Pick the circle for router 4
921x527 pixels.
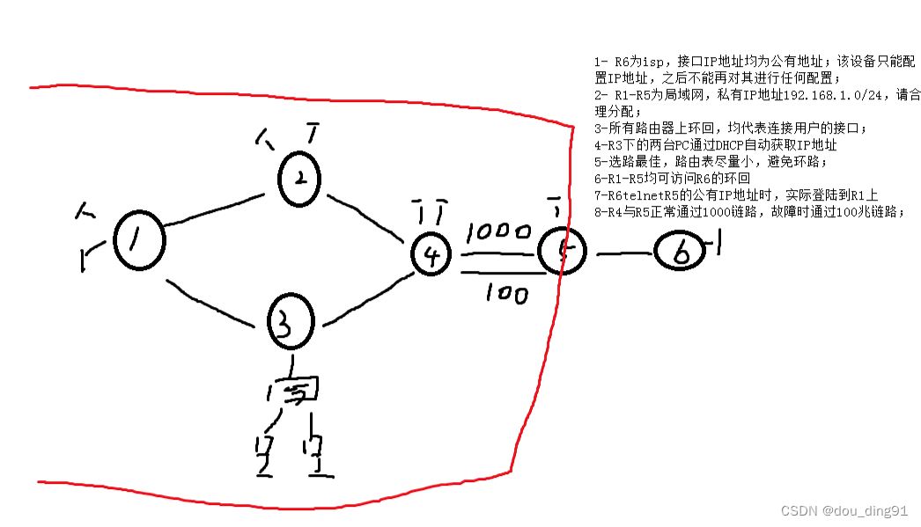point(431,255)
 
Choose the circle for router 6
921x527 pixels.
point(682,253)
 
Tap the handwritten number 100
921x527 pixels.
point(506,293)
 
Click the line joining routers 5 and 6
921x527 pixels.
point(625,254)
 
